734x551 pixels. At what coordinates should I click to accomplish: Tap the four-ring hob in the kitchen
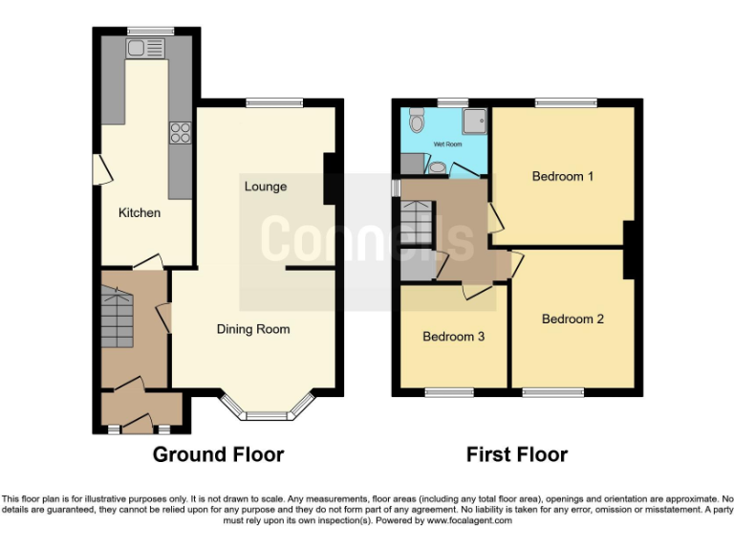point(179,134)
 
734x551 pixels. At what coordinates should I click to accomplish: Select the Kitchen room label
point(140,212)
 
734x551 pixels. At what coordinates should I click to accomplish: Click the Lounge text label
point(265,187)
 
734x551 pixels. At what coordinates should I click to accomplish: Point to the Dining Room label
point(253,329)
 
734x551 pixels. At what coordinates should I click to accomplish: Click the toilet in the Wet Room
point(416,121)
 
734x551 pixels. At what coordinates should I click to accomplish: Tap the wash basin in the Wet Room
point(437,167)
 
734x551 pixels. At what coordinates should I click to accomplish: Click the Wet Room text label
point(447,144)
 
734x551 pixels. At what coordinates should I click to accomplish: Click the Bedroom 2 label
point(572,319)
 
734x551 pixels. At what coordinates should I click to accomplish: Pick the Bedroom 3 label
point(454,337)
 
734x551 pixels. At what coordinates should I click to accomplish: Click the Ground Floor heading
point(218,454)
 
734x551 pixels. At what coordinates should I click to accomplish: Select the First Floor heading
point(516,454)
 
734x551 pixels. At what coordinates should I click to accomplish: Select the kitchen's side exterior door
point(99,169)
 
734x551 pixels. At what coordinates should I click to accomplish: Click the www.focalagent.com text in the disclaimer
point(468,520)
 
